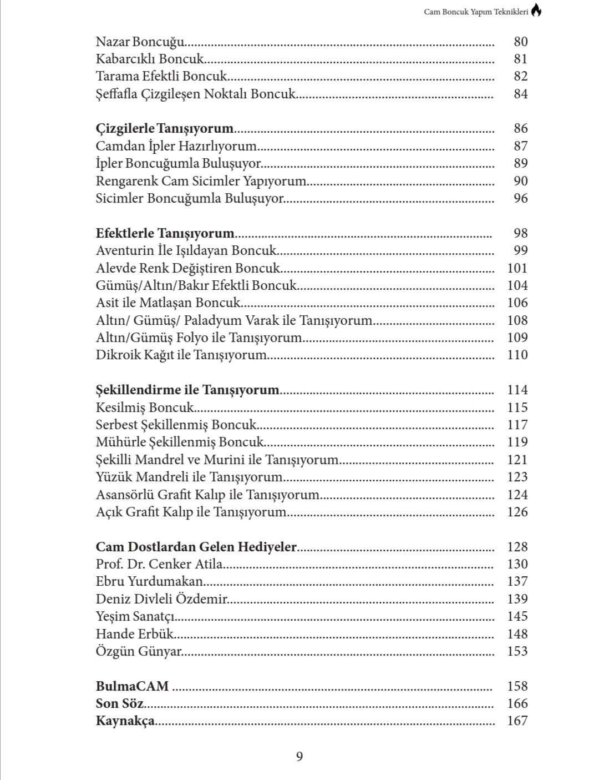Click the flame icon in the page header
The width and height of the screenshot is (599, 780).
click(x=536, y=11)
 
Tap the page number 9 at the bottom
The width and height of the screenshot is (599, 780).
click(x=299, y=756)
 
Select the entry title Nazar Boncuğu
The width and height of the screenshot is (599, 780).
click(x=140, y=42)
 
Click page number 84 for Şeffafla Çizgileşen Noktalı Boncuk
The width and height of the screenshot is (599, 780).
click(x=520, y=94)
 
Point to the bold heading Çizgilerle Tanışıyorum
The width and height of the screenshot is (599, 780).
click(x=165, y=129)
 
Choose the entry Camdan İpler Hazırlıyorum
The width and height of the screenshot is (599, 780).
click(x=176, y=146)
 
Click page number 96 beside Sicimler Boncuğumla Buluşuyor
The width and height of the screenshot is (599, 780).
click(x=520, y=198)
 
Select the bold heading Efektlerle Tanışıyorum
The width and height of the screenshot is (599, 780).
click(x=165, y=233)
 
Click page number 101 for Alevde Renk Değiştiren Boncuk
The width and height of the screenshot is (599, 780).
click(x=517, y=268)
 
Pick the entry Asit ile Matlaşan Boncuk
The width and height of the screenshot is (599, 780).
click(x=169, y=303)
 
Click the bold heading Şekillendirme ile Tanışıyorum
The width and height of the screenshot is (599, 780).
click(x=187, y=390)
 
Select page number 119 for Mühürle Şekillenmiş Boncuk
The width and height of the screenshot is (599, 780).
click(x=517, y=442)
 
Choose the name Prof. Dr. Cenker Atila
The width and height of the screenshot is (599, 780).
click(x=160, y=564)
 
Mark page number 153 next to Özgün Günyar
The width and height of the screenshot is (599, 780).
click(x=517, y=651)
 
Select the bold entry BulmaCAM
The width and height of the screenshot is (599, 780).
click(x=132, y=686)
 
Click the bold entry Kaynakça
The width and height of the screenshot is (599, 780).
click(x=125, y=721)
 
